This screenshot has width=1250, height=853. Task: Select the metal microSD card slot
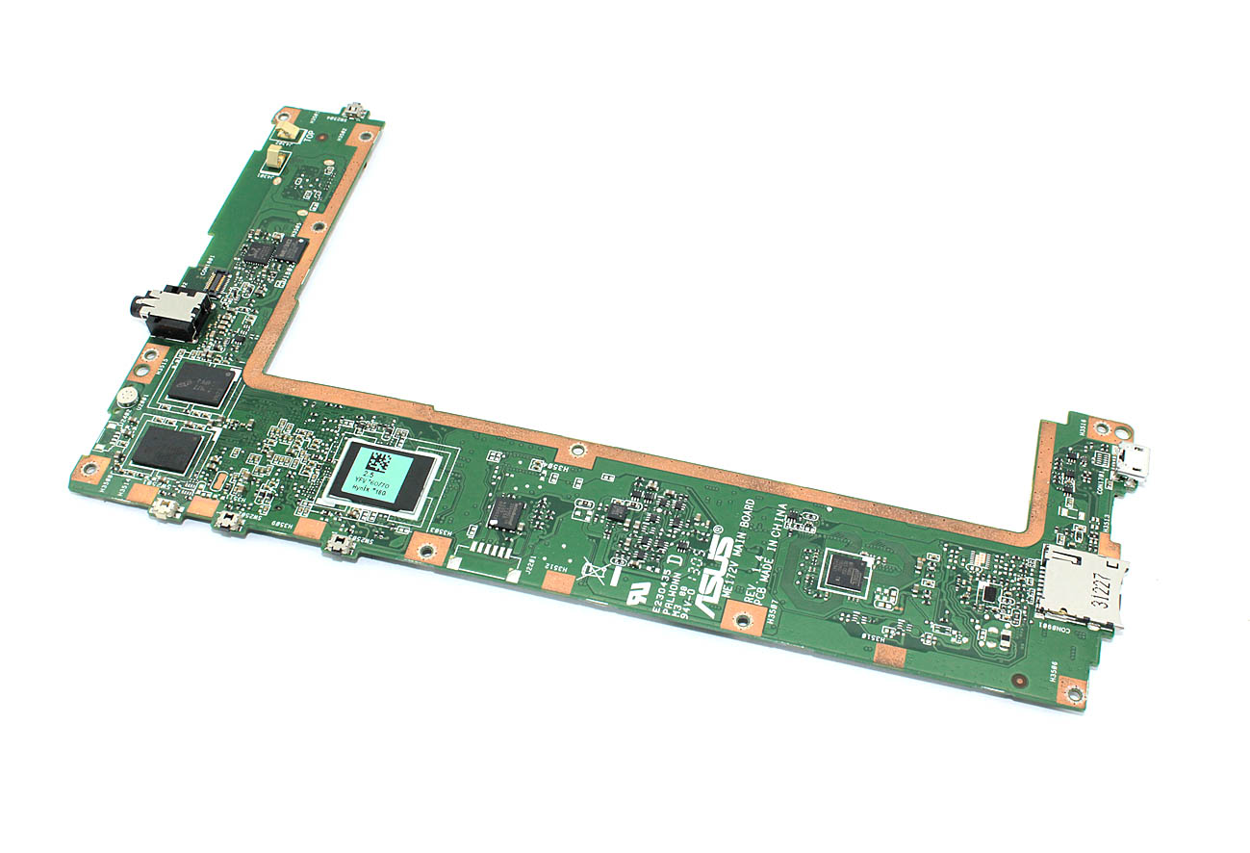tap(1082, 586)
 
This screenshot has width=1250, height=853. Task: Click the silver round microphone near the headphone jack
tap(126, 396)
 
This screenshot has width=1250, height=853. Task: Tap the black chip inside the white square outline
tap(844, 574)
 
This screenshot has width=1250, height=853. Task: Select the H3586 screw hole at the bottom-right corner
tap(1071, 690)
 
